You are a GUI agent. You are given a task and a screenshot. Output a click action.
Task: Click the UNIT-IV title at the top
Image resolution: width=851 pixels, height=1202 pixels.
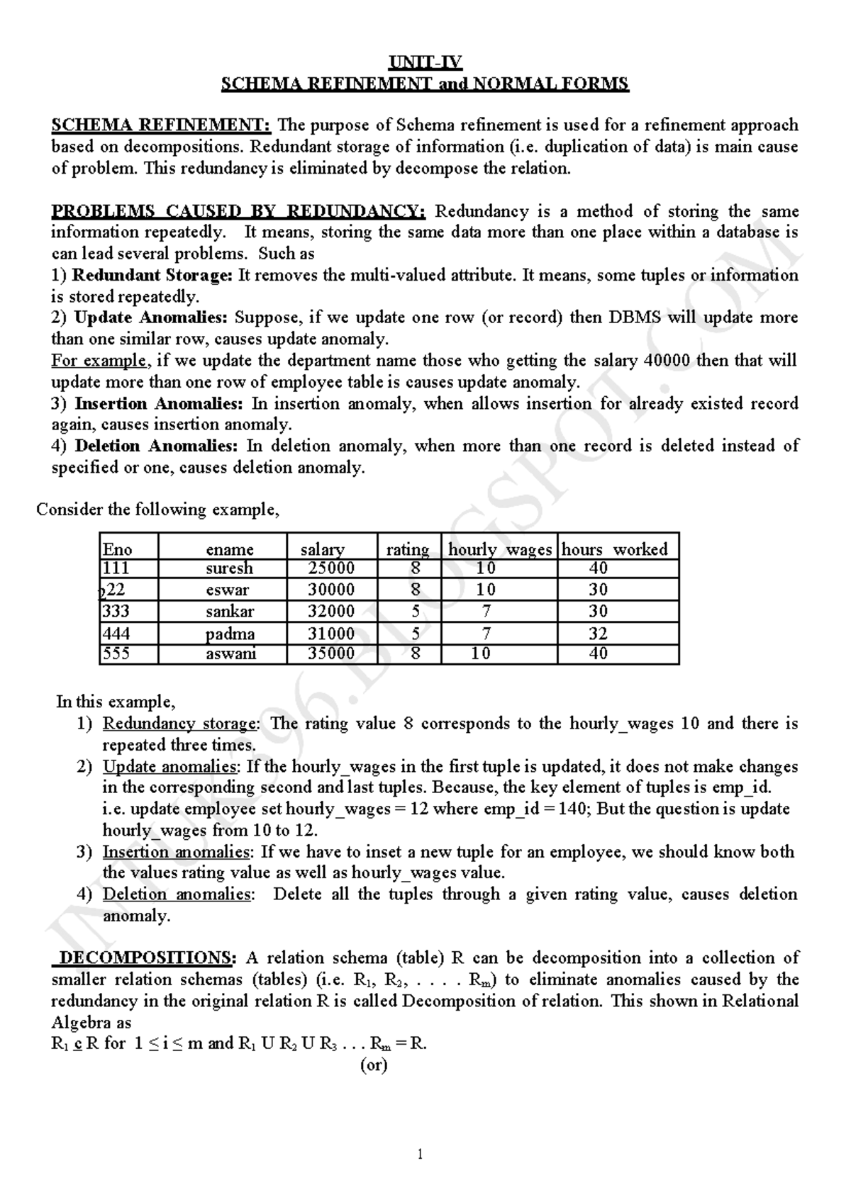[425, 62]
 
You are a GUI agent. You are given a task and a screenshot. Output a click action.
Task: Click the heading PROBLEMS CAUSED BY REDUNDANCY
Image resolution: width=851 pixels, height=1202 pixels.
[238, 211]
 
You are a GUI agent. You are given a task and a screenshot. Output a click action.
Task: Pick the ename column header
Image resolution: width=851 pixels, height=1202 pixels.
[229, 550]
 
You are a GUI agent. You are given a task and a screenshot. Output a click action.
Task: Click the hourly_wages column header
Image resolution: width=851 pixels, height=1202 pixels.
[499, 550]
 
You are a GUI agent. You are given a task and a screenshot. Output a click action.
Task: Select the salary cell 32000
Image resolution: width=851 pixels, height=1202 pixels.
[331, 612]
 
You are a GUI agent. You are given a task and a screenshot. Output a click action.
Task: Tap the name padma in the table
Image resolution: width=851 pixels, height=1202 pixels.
[230, 634]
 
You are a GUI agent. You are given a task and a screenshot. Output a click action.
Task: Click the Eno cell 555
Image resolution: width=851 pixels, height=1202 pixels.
[116, 653]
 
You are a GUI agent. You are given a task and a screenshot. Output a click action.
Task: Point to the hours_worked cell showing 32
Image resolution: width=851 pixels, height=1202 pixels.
[598, 634]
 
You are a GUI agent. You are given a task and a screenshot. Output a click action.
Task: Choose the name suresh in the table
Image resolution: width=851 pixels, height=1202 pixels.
[229, 568]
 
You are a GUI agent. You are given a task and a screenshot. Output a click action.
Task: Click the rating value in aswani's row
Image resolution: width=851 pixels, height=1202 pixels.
[415, 653]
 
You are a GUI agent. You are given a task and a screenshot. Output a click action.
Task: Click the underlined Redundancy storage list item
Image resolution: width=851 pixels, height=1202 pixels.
[181, 724]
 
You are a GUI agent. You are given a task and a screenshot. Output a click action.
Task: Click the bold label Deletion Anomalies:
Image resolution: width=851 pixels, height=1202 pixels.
[156, 446]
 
